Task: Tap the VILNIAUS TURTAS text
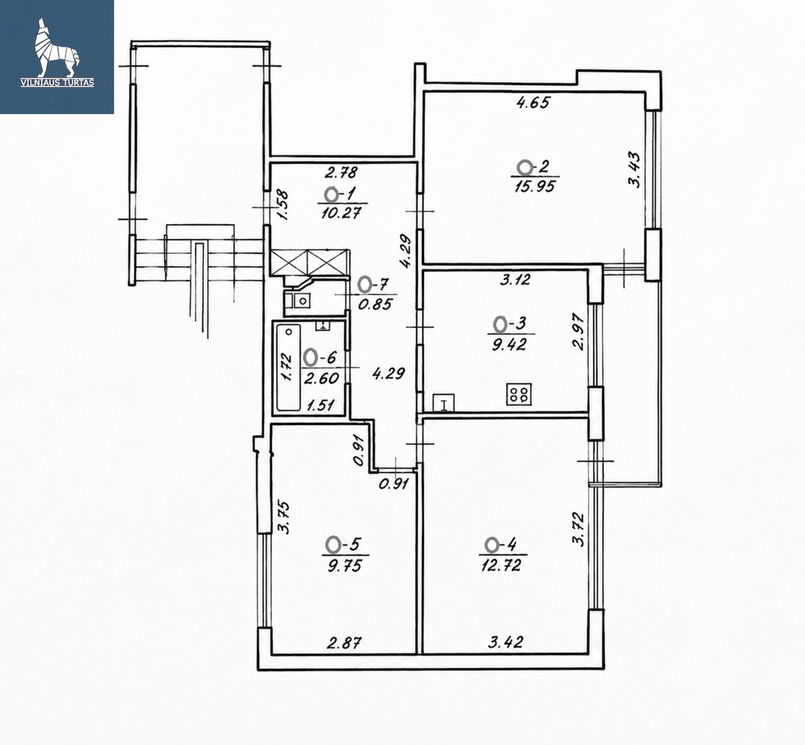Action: [57, 82]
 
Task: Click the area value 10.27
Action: [341, 212]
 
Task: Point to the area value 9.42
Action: [509, 344]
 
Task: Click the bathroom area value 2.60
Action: [321, 379]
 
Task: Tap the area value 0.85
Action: [375, 304]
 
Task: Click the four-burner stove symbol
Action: [518, 395]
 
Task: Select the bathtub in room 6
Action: [289, 367]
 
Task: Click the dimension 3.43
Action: [635, 170]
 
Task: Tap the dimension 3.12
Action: [516, 280]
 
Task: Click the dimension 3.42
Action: [506, 642]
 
